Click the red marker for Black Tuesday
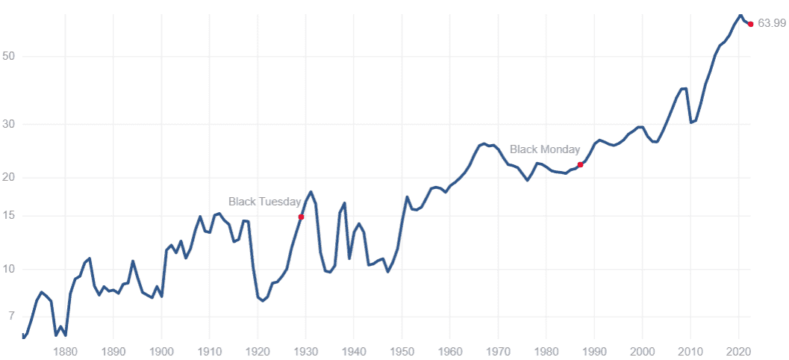(301, 217)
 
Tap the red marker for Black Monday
(580, 164)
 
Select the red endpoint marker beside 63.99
(750, 24)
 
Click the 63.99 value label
(771, 24)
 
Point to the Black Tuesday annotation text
(264, 202)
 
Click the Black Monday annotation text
(545, 149)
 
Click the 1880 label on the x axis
(66, 351)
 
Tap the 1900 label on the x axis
(162, 351)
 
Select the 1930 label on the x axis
(306, 351)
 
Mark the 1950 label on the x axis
(402, 351)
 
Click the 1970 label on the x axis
(499, 351)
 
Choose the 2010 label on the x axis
(691, 351)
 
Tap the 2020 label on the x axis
(739, 351)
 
